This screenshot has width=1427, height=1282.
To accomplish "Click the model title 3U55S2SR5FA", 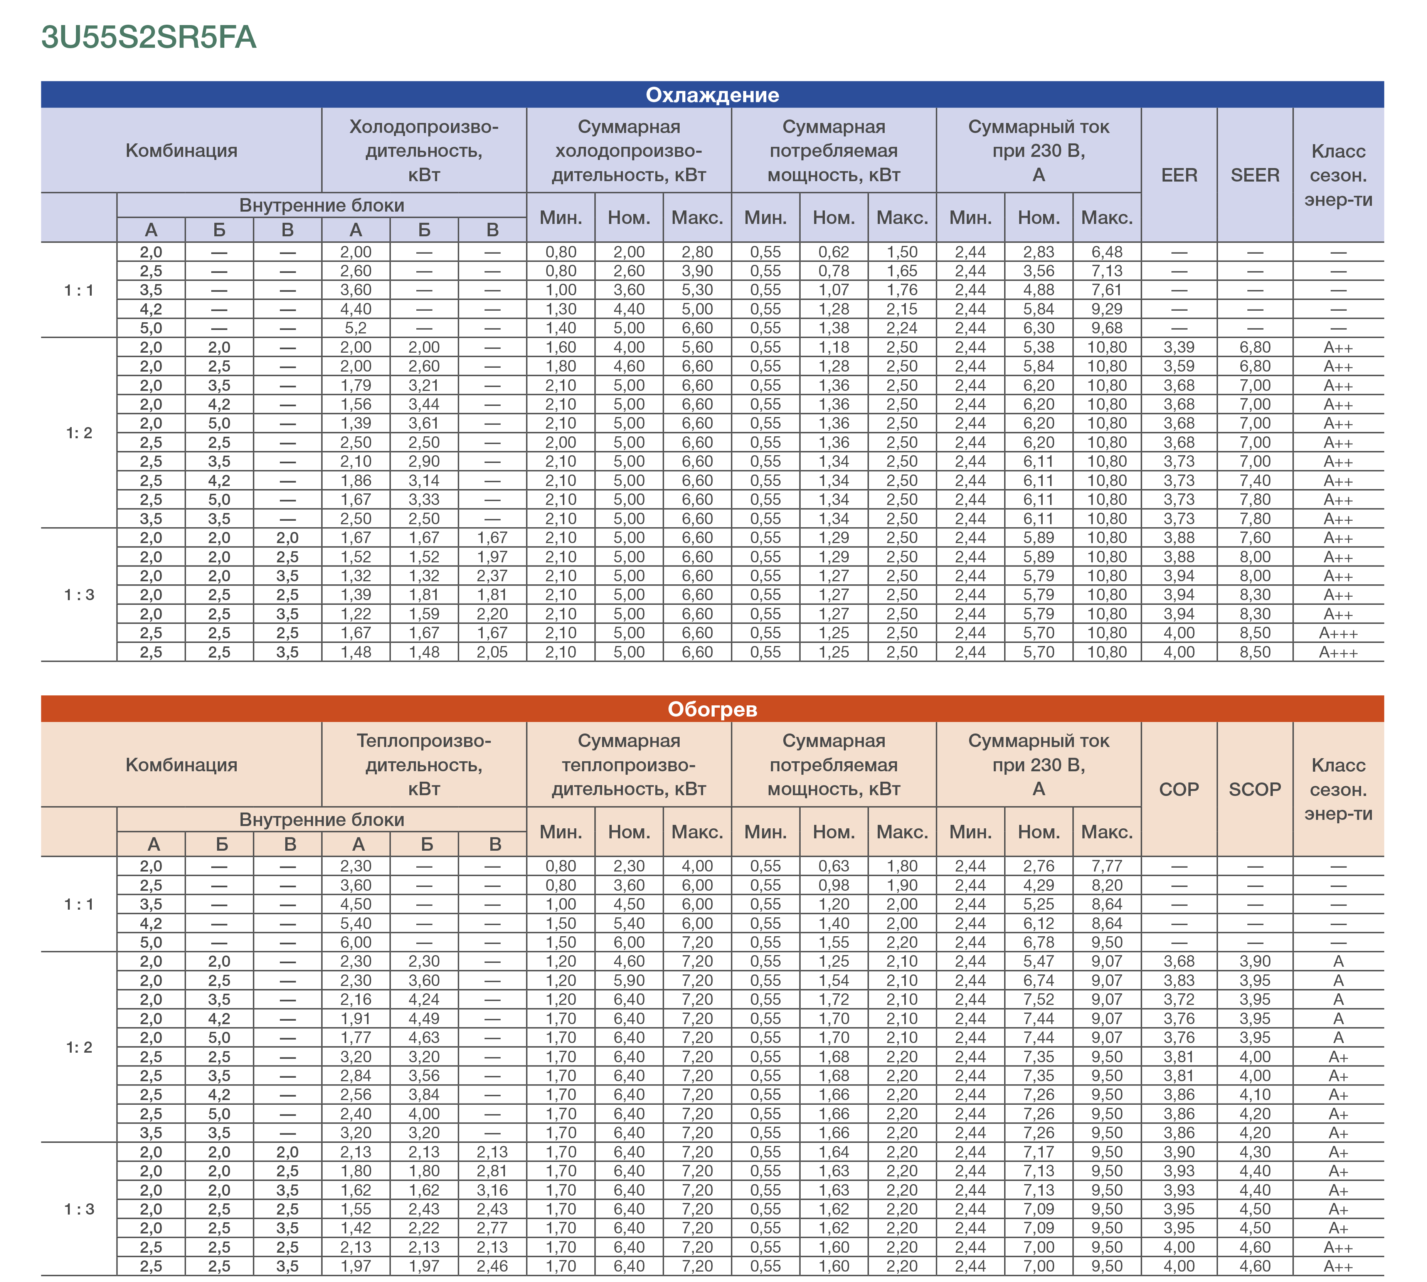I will (149, 37).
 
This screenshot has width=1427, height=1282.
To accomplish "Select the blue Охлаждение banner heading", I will (712, 95).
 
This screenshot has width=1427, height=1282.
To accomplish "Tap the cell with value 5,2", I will (356, 328).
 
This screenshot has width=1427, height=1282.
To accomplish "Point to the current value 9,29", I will (1107, 309).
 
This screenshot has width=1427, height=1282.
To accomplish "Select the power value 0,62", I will (833, 252).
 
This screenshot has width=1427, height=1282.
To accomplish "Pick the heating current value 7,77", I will (1107, 866).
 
